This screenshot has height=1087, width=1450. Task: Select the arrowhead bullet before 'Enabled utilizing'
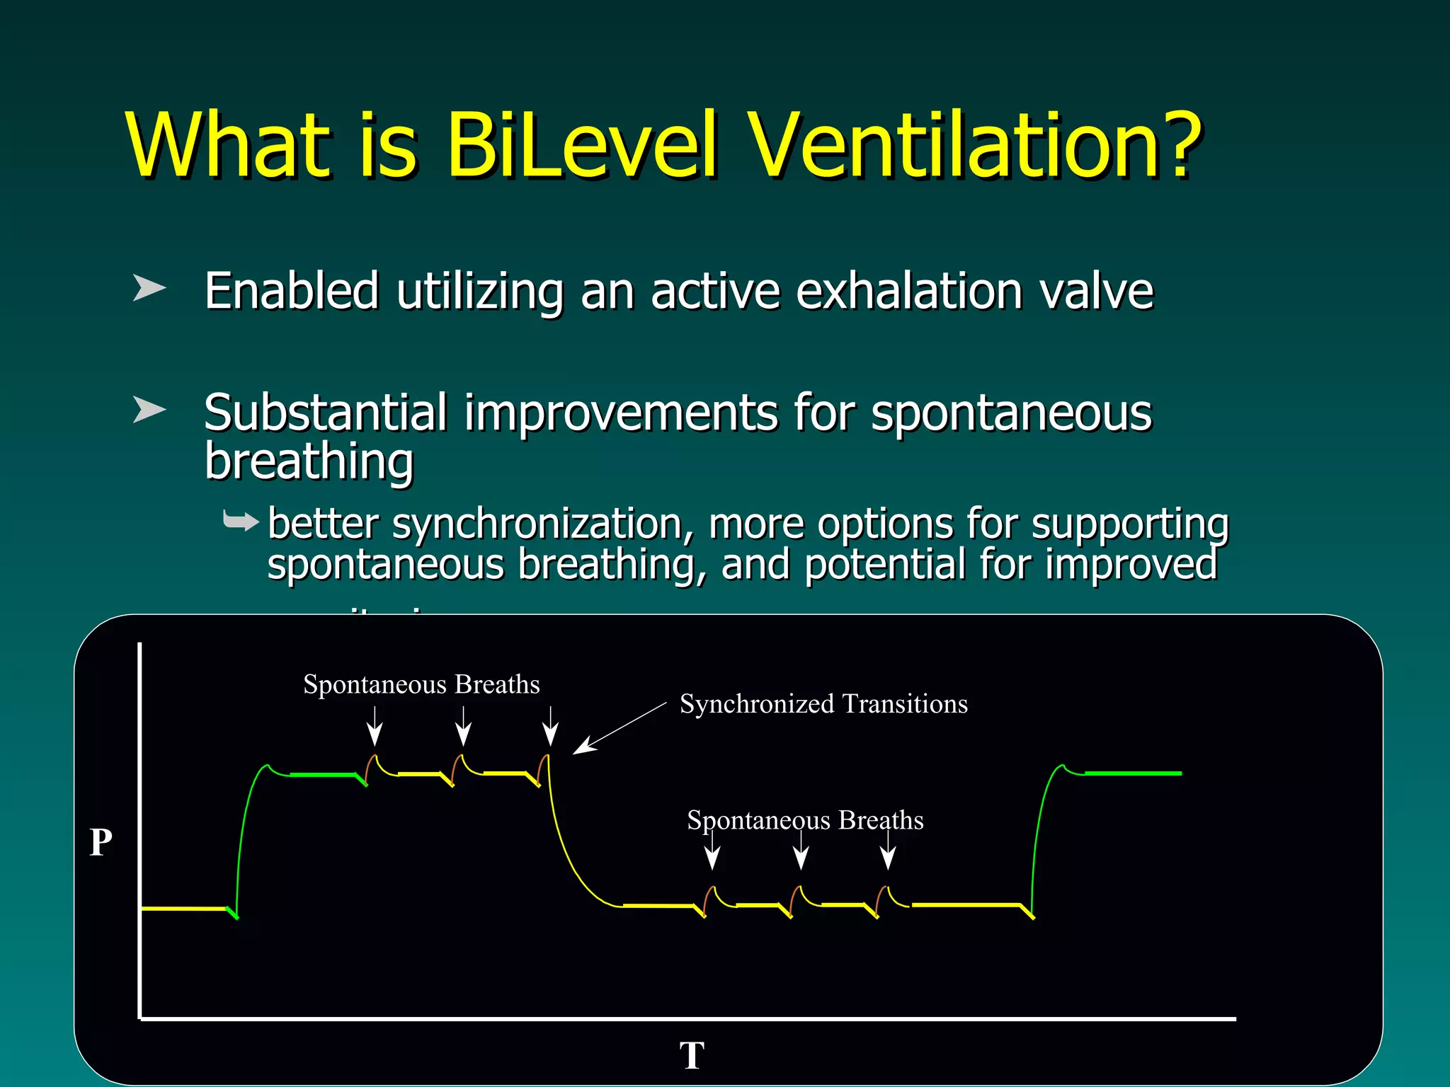click(x=149, y=288)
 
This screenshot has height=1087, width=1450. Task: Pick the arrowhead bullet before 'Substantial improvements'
click(x=149, y=410)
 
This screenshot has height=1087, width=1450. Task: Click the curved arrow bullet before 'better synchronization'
click(x=241, y=522)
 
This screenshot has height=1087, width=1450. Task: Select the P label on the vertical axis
click(x=101, y=843)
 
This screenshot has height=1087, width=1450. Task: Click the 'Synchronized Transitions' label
click(x=823, y=704)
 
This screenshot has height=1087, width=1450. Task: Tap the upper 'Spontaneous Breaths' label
click(x=421, y=684)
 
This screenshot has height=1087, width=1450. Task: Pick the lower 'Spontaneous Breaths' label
click(x=805, y=820)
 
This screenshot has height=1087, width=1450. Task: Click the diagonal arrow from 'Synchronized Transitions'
click(x=619, y=728)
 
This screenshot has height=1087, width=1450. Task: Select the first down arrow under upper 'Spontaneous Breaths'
click(x=375, y=727)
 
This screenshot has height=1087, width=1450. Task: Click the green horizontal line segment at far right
click(x=1133, y=773)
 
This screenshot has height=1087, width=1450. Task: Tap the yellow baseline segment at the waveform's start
click(x=184, y=908)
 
